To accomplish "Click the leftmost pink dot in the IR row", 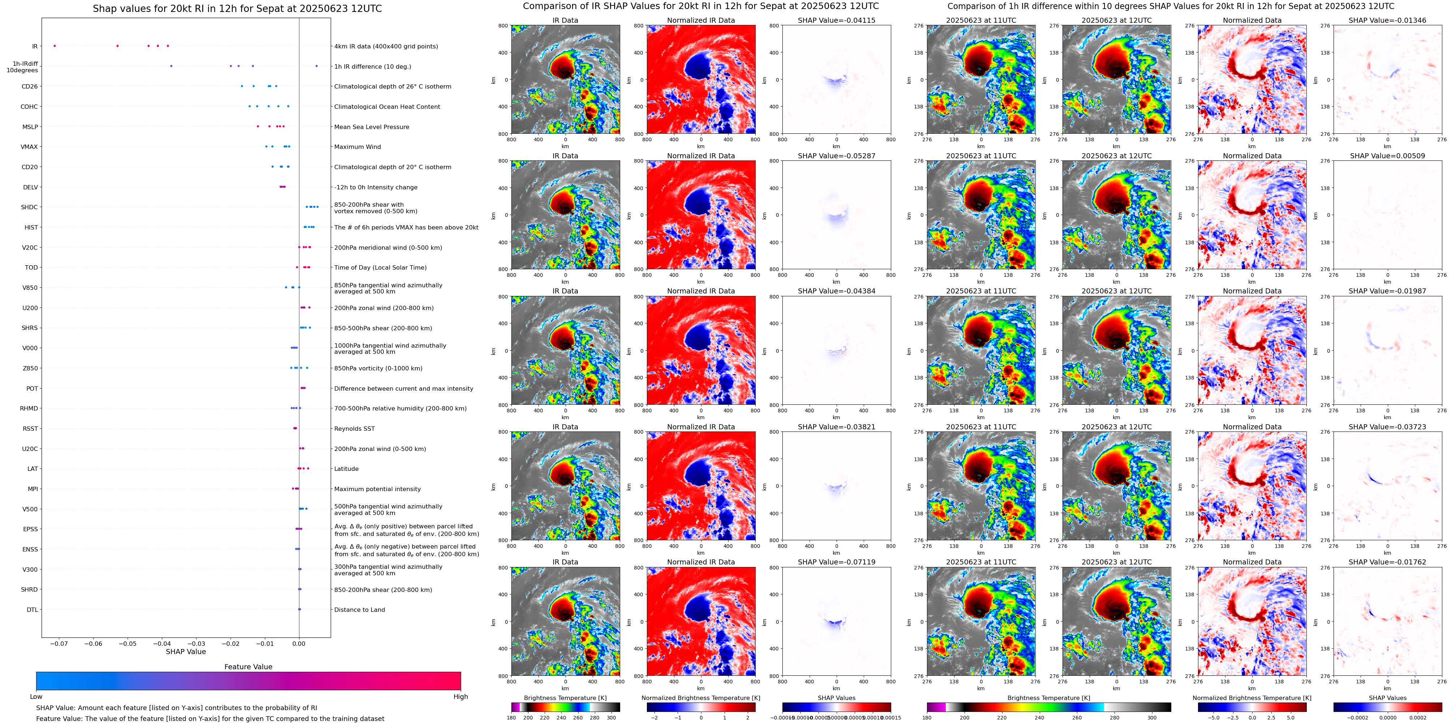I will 55,46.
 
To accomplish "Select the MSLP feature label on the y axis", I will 30,127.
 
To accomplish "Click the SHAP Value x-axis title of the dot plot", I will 185,652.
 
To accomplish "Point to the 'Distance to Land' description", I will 359,609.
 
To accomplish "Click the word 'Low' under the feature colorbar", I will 36,697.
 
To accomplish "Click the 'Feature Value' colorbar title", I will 248,667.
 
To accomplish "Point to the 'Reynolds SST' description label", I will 354,429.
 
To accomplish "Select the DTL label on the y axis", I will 32,609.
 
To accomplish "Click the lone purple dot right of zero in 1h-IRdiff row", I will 317,66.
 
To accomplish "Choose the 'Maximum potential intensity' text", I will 377,489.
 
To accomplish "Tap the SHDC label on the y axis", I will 29,207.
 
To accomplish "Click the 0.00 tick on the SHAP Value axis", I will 299,643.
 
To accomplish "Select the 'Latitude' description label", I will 347,469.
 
